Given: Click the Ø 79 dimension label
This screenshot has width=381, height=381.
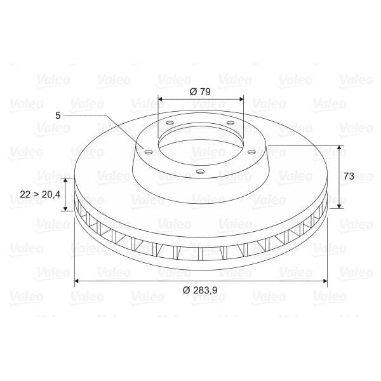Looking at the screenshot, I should click(200, 91).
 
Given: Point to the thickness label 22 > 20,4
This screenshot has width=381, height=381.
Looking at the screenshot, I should click(39, 194).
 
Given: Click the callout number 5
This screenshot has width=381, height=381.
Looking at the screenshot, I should click(58, 115).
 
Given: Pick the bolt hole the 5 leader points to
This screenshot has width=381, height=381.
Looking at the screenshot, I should click(149, 152).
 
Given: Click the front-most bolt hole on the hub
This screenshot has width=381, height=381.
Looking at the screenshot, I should click(200, 171).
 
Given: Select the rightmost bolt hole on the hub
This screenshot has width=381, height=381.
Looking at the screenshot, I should click(251, 152).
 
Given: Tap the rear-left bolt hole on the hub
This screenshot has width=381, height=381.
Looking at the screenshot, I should click(170, 124).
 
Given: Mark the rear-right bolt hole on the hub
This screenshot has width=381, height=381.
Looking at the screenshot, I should click(230, 123).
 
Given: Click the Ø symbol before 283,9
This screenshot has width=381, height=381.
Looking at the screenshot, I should click(186, 290).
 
